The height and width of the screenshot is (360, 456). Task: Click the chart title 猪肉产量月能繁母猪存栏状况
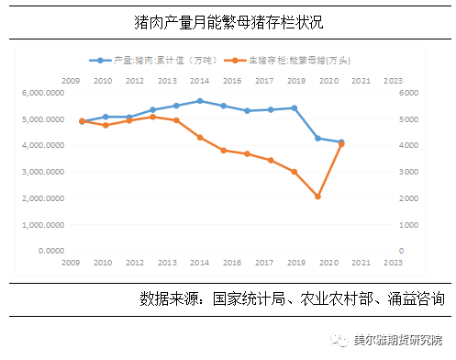pyautogui.click(x=228, y=20)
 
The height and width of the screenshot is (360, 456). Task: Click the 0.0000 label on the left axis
pyautogui.click(x=50, y=250)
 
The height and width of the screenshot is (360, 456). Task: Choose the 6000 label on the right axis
pyautogui.click(x=408, y=93)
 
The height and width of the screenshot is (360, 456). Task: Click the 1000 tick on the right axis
pyautogui.click(x=408, y=224)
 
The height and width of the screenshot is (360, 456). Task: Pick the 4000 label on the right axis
pyautogui.click(x=408, y=145)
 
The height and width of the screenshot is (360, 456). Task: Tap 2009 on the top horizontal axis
pyautogui.click(x=70, y=81)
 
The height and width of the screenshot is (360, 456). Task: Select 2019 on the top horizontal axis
pyautogui.click(x=295, y=81)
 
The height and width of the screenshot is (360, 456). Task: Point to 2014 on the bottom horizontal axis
pyautogui.click(x=199, y=262)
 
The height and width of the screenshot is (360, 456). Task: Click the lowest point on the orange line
pyautogui.click(x=317, y=197)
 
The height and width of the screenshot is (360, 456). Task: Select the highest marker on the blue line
pyautogui.click(x=199, y=101)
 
